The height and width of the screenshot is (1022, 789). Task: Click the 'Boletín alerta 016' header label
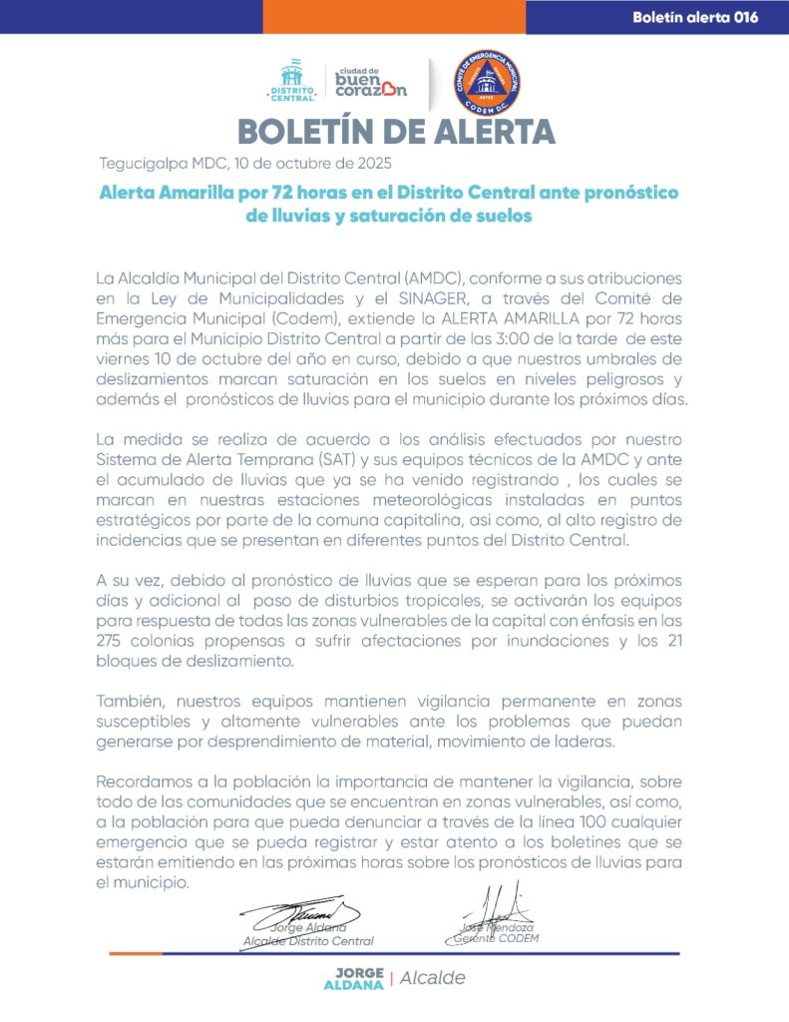click(x=694, y=17)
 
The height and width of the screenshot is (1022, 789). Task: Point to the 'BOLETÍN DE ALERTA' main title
click(x=396, y=132)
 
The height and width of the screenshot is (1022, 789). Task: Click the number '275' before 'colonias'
click(x=113, y=641)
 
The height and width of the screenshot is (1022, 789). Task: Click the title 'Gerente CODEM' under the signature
click(x=496, y=938)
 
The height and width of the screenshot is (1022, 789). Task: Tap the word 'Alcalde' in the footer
click(x=433, y=978)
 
